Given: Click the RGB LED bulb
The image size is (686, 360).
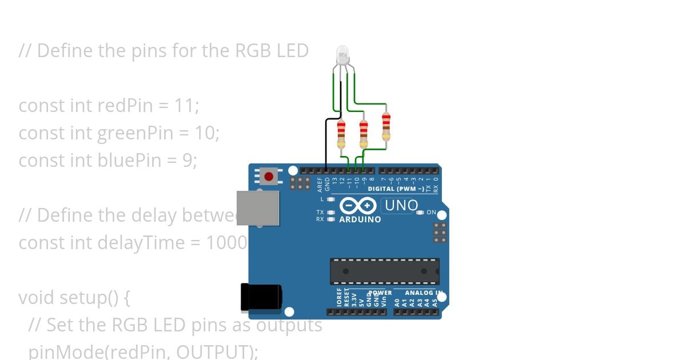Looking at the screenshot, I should (342, 55).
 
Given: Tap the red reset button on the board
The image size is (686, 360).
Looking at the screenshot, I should (269, 176).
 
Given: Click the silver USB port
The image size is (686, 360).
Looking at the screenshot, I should (258, 208).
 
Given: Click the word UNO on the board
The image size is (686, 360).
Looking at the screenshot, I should (401, 205).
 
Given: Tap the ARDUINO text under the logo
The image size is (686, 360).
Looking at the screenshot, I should (360, 219).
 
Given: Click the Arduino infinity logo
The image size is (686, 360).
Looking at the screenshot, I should (358, 206).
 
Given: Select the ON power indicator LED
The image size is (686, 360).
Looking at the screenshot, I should (421, 213).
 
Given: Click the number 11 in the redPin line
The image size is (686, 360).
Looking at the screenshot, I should (185, 106).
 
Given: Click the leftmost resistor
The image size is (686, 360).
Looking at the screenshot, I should (341, 133).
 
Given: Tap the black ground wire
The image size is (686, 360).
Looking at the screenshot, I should (326, 143).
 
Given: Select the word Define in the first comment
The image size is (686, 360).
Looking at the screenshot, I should (65, 51).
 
